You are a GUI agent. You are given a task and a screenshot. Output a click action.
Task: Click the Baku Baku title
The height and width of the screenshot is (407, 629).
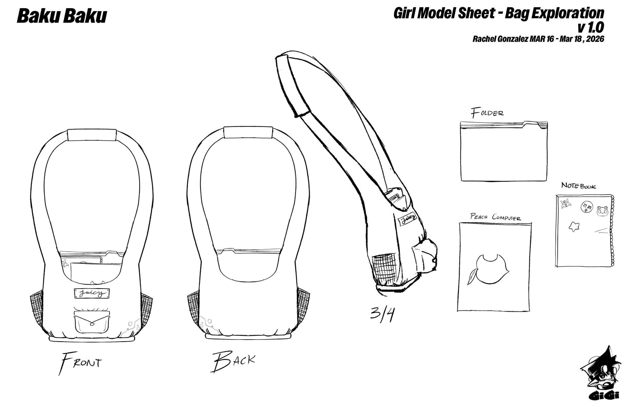62,16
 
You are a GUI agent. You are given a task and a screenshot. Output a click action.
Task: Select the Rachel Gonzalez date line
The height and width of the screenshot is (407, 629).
538,39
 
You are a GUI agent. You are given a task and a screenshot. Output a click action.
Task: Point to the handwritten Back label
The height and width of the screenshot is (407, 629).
233,362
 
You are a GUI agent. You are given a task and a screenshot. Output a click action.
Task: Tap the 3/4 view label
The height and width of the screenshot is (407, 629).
382,314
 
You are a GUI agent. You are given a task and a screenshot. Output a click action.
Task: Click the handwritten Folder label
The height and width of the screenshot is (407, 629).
487,113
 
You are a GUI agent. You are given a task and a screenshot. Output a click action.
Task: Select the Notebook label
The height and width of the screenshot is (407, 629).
578,186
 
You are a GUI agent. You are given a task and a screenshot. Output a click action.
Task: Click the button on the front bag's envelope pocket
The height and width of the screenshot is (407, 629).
92,324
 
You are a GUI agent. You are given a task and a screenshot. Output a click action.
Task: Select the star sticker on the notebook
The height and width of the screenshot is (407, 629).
574,226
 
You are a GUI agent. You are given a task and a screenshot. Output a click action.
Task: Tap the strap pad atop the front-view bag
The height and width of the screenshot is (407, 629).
92,135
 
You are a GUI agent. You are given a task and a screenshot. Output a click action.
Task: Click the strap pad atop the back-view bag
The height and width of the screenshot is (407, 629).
248,133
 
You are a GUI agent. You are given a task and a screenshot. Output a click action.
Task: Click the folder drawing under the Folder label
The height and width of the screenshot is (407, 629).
504,151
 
